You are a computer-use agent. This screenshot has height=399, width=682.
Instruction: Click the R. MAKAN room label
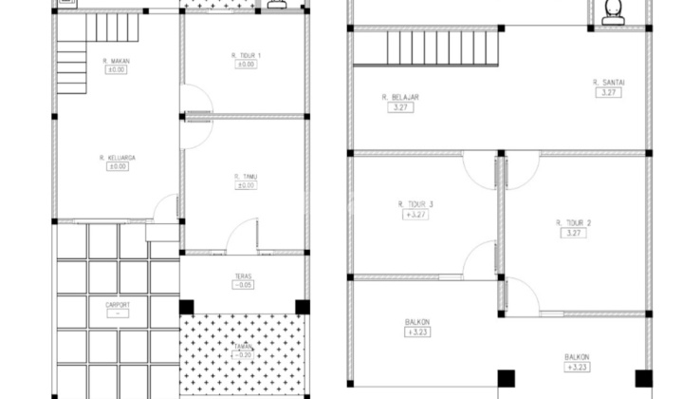tap(116, 62)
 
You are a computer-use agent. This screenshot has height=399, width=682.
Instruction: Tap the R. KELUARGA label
tap(115, 158)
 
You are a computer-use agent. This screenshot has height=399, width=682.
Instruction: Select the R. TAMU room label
tap(245, 177)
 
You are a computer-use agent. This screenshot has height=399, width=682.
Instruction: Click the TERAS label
tap(244, 276)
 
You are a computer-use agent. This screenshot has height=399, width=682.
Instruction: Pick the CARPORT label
tap(117, 305)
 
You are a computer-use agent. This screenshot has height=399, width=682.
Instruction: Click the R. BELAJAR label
tap(400, 97)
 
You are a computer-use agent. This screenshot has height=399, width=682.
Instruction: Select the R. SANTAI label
tap(606, 83)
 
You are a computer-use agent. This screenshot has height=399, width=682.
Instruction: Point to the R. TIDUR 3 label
tap(415, 204)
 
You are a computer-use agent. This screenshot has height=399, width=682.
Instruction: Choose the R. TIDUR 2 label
tap(574, 223)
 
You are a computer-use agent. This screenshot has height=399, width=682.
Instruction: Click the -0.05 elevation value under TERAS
tap(244, 285)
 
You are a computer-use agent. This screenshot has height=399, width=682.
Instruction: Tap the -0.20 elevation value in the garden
tap(244, 355)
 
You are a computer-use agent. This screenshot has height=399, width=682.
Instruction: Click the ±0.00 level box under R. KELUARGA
tap(117, 167)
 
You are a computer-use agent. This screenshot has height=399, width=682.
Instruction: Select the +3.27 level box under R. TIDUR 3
tap(415, 215)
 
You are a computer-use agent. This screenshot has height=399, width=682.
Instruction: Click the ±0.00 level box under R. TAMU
tap(245, 186)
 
